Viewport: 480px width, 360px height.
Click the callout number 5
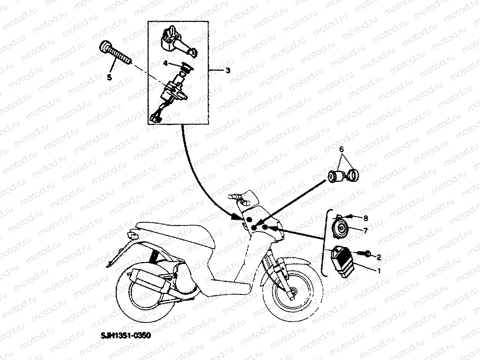click(109, 77)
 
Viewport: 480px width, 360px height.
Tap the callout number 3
click(227, 70)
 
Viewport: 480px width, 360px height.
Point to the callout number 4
click(165, 62)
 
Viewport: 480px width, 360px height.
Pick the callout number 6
click(342, 150)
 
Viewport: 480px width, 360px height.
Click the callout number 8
click(366, 218)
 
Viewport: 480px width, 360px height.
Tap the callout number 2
click(379, 257)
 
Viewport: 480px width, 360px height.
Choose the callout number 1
click(379, 270)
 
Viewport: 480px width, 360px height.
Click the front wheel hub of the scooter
click(292, 293)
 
